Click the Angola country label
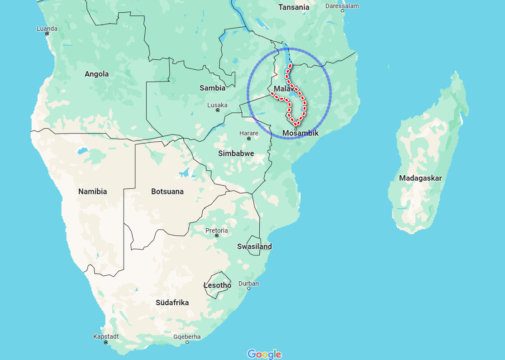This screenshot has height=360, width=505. click(96, 74)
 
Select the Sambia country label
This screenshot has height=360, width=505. click(212, 88)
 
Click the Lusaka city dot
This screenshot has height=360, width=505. click(218, 110)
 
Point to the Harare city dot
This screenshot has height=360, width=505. click(249, 139)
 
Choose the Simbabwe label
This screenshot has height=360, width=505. click(236, 154)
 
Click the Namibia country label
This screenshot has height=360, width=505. click(92, 192)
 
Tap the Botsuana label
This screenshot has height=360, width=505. click(167, 192)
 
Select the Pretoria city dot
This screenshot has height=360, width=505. click(217, 235)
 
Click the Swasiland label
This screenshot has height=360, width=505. click(254, 246)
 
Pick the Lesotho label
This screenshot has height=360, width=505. click(217, 285)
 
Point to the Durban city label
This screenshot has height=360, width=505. click(249, 283)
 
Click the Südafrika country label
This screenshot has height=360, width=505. click(172, 302)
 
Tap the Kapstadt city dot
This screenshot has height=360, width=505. click(106, 342)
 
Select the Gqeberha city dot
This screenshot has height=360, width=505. click(187, 342)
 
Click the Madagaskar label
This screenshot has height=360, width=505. click(420, 178)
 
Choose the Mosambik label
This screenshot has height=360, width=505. click(300, 133)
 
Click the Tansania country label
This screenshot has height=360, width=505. click(294, 7)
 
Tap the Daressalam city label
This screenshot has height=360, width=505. click(342, 6)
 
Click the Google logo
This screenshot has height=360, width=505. click(264, 354)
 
